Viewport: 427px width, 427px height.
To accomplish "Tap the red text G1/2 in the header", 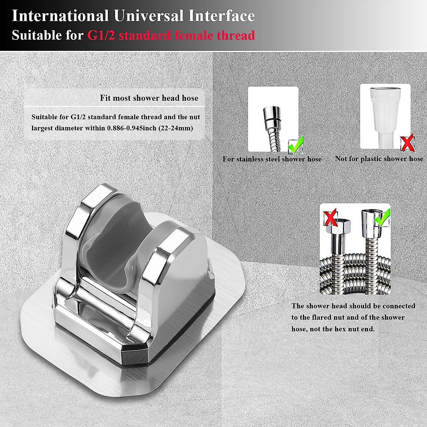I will click(x=101, y=36).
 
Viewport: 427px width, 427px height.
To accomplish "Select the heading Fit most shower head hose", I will click(x=149, y=98).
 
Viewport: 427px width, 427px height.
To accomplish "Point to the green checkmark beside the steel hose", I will click(x=296, y=144).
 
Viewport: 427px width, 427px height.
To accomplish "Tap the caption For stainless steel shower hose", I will click(x=272, y=159).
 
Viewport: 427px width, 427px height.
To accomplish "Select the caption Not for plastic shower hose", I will click(x=379, y=159).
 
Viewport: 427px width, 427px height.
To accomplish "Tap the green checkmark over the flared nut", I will click(x=382, y=218).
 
